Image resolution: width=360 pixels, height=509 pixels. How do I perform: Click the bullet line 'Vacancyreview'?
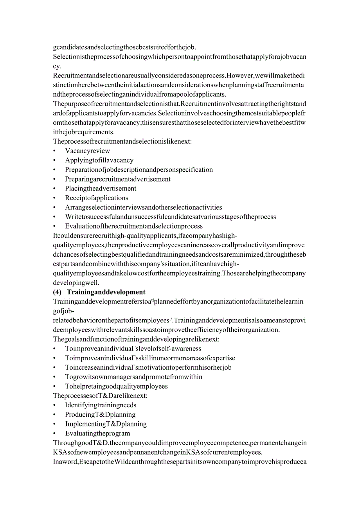[88, 151]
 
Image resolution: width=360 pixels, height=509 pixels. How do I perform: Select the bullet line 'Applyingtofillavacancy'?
[99, 160]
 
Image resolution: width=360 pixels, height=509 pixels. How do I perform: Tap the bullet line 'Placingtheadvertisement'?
[101, 189]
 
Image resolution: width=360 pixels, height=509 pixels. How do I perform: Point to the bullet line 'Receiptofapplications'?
[97, 198]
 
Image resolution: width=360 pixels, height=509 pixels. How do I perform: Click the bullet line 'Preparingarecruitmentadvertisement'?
[118, 179]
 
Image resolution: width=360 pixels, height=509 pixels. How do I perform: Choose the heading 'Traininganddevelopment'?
[106, 292]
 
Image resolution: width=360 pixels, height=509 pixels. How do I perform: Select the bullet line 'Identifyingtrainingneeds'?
[101, 405]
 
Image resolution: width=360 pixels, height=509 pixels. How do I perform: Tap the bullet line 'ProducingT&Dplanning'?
[100, 415]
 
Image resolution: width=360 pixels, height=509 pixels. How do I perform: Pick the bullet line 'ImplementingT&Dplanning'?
[106, 424]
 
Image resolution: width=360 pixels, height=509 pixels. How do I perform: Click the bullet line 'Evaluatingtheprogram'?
[98, 433]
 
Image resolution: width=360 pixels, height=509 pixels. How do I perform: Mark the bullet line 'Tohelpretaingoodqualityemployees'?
[116, 387]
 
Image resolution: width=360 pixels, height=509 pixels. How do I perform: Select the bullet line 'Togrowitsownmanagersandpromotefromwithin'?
[134, 377]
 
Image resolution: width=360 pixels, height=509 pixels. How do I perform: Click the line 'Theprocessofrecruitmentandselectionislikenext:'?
[123, 142]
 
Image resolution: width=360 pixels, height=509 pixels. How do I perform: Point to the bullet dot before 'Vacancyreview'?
[54, 151]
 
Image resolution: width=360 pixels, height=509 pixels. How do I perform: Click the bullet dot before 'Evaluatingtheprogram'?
[54, 433]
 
